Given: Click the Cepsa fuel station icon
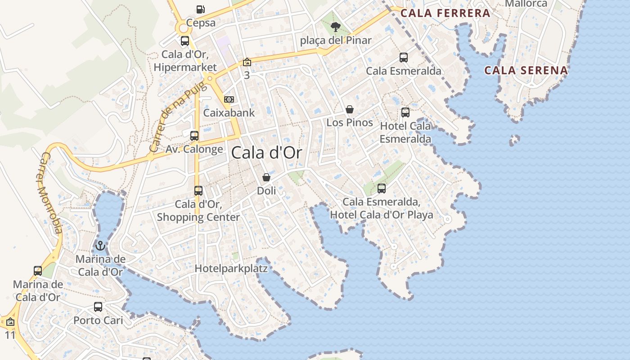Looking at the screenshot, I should (x=200, y=9).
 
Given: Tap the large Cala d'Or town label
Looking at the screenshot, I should (x=266, y=153).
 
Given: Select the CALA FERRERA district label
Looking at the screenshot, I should (x=445, y=13).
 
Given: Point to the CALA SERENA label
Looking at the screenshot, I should (x=526, y=70).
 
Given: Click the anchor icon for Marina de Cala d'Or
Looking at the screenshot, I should (x=100, y=246).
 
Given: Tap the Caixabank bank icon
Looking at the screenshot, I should (x=229, y=99).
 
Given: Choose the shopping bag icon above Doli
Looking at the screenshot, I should (x=266, y=177).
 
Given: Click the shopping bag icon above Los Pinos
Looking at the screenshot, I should (x=350, y=109).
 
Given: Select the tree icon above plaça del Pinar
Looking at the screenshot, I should (x=335, y=27).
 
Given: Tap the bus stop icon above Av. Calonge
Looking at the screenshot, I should (x=194, y=135).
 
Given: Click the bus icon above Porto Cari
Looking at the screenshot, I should (x=98, y=307).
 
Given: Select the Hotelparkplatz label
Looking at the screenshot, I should (x=231, y=269).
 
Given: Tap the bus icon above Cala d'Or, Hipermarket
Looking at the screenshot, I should (x=185, y=41).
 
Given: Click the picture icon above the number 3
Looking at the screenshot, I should (x=247, y=62).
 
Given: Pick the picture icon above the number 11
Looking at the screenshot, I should (x=10, y=322).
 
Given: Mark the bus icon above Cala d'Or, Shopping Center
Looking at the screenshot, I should (x=198, y=191).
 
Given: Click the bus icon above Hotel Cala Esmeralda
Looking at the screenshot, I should (x=405, y=112).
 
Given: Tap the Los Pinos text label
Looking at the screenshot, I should (x=350, y=122).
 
